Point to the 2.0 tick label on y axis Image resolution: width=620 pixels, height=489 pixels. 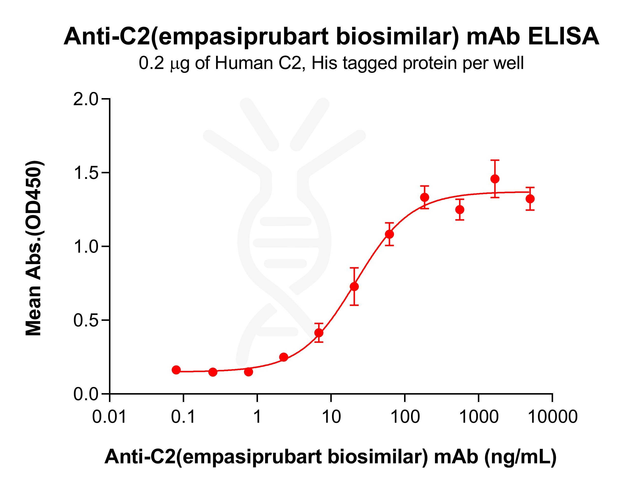tap(86, 99)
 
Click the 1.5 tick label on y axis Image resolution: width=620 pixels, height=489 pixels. tap(86, 173)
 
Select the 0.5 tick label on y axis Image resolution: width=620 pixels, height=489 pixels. tap(86, 320)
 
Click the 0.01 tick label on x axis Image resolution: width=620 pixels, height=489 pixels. tap(109, 416)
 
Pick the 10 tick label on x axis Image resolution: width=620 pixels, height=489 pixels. tap(331, 416)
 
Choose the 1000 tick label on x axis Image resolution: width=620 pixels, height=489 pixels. tap(479, 416)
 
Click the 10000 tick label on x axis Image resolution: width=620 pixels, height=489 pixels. tap(552, 416)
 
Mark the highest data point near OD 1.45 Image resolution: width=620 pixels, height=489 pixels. tap(495, 179)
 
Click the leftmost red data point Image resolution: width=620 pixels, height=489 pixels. tap(176, 370)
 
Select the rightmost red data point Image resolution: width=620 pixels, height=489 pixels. tap(530, 199)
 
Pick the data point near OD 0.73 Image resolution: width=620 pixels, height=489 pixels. tap(354, 287)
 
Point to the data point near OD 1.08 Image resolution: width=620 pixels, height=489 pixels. tap(389, 234)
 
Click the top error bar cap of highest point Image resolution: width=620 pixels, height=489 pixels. tap(495, 160)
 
